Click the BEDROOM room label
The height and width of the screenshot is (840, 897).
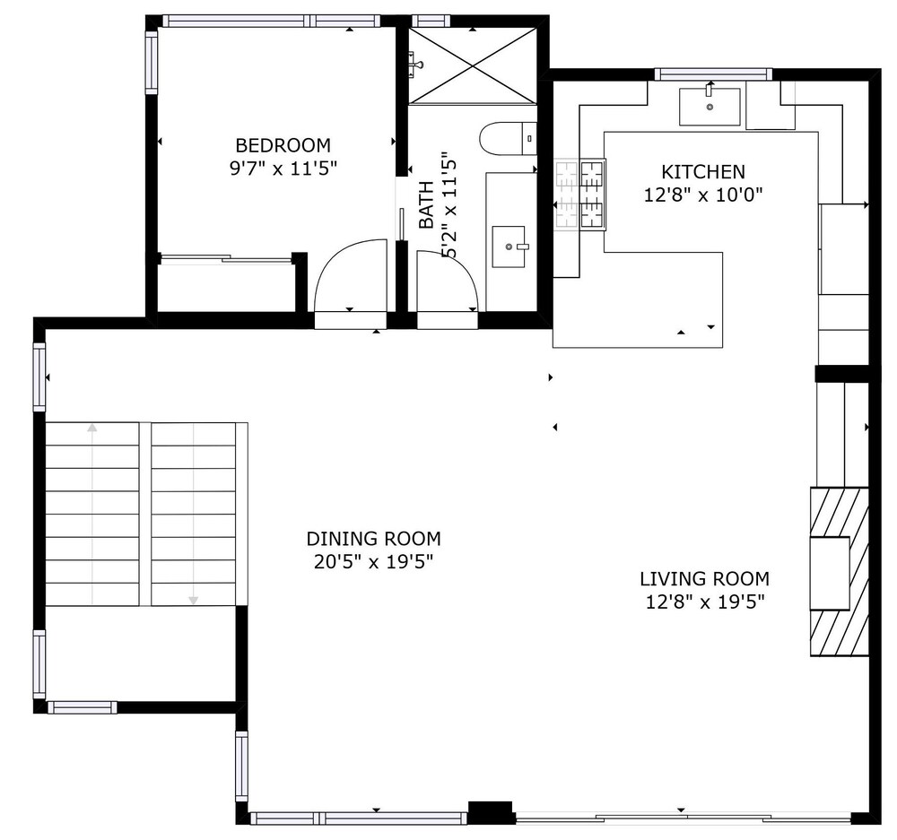coord(283,145)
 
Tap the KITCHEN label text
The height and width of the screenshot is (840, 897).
coord(703,171)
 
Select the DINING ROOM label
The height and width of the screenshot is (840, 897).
coord(373,539)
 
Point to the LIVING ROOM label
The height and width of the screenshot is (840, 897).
coord(704,579)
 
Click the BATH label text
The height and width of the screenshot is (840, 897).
coord(426,204)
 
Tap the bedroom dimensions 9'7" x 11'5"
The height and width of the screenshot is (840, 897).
coord(283,169)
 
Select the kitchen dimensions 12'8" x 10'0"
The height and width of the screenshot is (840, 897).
coord(703,195)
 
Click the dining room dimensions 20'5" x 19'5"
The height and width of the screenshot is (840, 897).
coord(373,563)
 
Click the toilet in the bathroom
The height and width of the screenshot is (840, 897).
coord(508,139)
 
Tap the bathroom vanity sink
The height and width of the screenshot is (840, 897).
coord(509,246)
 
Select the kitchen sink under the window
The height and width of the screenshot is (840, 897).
coord(710,107)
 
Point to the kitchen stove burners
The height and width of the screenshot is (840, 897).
coord(580,195)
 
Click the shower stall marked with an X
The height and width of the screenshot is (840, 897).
coord(473,65)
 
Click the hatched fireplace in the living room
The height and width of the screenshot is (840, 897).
coord(840,571)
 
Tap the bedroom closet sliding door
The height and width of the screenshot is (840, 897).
coord(225,259)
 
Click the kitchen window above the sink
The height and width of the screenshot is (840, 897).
coord(713,74)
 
